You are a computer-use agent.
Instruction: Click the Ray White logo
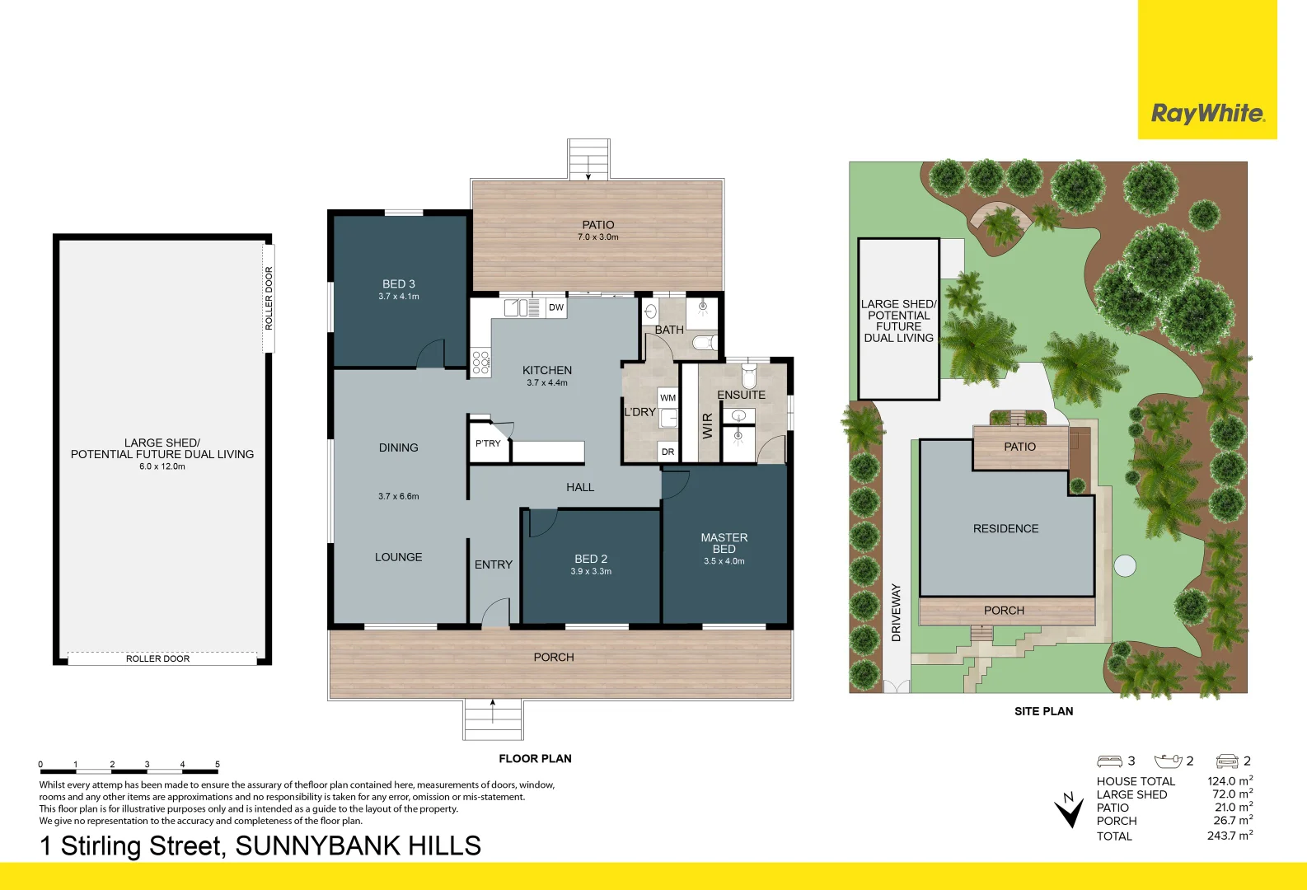(1207, 113)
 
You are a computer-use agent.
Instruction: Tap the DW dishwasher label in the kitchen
(556, 307)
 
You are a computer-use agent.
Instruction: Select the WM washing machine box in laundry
(668, 398)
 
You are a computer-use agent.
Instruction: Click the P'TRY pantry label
(488, 443)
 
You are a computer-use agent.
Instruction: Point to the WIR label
(707, 426)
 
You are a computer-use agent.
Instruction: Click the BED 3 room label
(399, 283)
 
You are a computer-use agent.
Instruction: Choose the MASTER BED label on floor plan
(724, 543)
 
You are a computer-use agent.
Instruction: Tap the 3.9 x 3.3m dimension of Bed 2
(591, 571)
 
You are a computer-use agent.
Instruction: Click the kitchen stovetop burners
(481, 363)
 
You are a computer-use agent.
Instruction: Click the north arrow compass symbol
(1070, 811)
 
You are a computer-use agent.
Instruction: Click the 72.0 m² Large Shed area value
(1232, 794)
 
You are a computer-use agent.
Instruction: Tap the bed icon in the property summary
(1109, 761)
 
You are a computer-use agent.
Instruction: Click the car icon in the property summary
(1227, 761)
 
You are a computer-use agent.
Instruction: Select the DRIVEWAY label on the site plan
(897, 612)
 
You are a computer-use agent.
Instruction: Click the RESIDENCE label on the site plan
(1005, 528)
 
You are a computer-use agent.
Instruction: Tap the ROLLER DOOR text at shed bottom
(157, 658)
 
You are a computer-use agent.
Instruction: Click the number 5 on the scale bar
(218, 764)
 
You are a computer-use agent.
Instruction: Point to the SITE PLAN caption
(1043, 711)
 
